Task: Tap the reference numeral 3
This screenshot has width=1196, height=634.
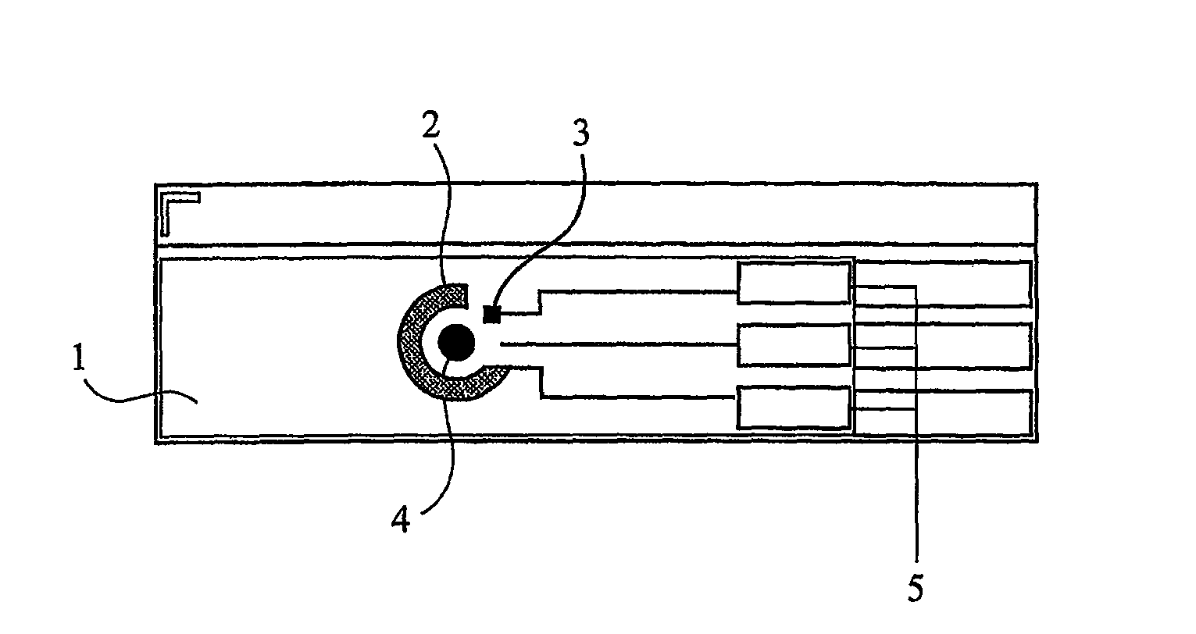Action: click(x=581, y=132)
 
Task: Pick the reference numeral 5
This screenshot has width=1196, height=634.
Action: click(x=915, y=588)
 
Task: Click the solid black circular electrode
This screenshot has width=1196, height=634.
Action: click(x=456, y=342)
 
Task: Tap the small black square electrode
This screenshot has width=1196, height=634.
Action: click(x=491, y=315)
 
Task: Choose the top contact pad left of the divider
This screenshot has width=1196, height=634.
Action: click(x=794, y=283)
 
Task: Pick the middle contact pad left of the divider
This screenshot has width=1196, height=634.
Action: click(x=794, y=345)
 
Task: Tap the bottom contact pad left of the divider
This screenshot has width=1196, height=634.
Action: click(x=794, y=408)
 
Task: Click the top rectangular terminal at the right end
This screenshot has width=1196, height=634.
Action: click(x=943, y=283)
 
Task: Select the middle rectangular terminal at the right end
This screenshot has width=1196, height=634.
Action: click(x=943, y=345)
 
